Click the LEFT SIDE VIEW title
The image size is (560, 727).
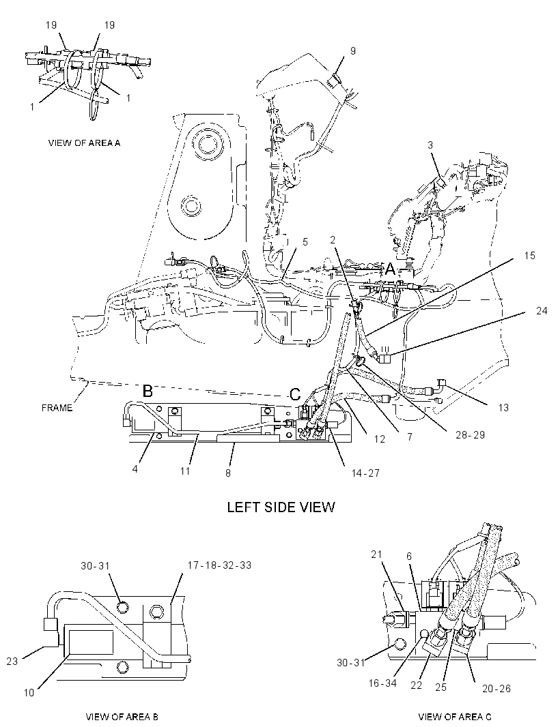(x=281, y=507)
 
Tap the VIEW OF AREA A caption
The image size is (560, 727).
(x=84, y=143)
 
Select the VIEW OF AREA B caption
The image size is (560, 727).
(x=122, y=717)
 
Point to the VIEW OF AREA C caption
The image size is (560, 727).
(x=455, y=717)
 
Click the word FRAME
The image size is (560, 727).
(x=57, y=408)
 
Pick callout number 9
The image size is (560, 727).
(x=353, y=50)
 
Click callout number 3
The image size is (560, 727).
(x=430, y=145)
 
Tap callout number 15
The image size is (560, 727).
(x=530, y=256)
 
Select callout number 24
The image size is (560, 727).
(x=542, y=310)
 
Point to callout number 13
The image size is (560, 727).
(x=503, y=408)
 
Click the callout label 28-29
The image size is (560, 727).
(x=470, y=435)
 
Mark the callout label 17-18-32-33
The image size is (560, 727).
(x=220, y=565)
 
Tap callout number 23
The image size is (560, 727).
(x=12, y=661)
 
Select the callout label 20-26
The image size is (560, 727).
(x=496, y=689)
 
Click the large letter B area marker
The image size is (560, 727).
(x=148, y=391)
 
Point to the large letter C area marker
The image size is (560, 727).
(x=295, y=395)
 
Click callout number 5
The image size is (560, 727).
(x=305, y=241)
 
